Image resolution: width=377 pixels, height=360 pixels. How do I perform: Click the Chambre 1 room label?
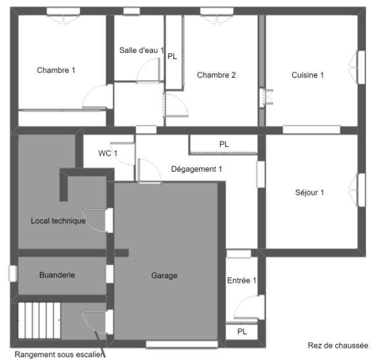coord(56,70)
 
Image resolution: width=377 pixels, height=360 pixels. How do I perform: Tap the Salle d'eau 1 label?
coord(142,50)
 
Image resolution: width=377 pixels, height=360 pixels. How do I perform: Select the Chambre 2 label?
coord(216,75)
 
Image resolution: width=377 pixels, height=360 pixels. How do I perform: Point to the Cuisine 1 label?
coord(307,75)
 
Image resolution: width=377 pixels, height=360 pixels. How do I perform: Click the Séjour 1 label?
coord(310,192)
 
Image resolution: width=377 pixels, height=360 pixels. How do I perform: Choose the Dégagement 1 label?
coord(197,169)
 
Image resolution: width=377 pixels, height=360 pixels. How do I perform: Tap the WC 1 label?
coord(108,153)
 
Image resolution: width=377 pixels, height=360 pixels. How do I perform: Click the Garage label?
coord(164,276)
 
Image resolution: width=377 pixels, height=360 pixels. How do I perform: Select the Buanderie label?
coord(57,275)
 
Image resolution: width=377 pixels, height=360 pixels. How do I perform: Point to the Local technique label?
coord(58,221)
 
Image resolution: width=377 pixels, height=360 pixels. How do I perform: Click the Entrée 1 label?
coord(242,280)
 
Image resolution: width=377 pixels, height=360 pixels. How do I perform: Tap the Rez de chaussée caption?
coord(338,346)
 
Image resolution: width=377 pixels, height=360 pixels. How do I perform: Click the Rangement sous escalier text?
coord(59,354)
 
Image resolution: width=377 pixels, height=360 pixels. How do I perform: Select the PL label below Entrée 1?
coord(242,332)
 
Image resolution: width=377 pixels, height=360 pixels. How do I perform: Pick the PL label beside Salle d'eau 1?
coord(172,56)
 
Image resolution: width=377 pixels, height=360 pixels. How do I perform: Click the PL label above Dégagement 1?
coord(224,144)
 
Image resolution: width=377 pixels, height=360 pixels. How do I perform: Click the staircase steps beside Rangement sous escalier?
coord(39,320)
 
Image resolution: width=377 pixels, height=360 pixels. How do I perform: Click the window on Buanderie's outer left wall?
coord(13,273)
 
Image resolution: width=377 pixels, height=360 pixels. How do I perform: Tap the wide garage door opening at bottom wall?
coord(182,345)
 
